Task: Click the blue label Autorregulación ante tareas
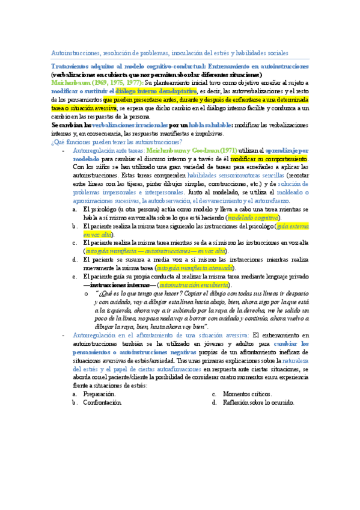coord(106,150)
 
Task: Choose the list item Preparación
coord(97,394)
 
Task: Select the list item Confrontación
coord(102,402)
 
